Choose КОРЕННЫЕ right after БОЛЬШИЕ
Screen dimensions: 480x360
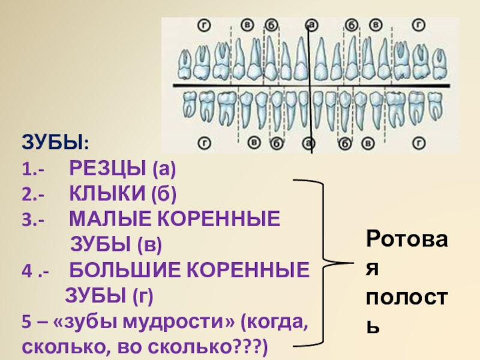point(249,270)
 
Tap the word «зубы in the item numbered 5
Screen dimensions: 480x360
point(77,322)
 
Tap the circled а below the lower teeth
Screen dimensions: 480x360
point(310,143)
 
